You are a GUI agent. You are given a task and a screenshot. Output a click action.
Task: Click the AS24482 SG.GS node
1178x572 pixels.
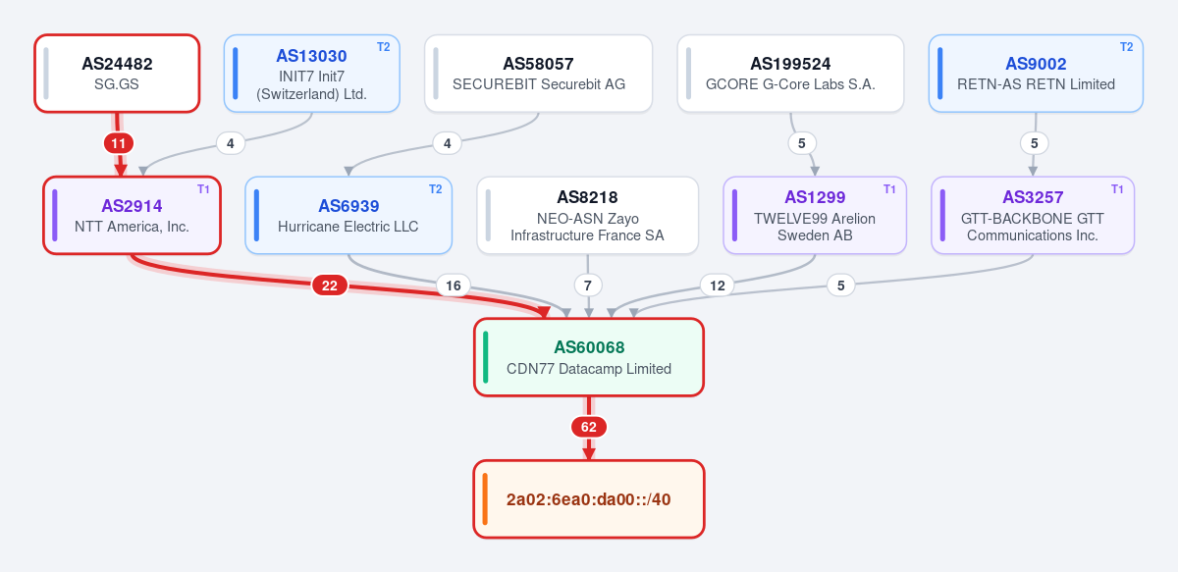click(x=117, y=74)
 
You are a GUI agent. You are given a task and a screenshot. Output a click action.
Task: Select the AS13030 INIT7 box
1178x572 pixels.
click(x=312, y=74)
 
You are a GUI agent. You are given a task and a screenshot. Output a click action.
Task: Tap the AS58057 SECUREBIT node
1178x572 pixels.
click(x=539, y=74)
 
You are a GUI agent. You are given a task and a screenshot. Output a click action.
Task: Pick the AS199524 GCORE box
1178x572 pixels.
click(x=790, y=74)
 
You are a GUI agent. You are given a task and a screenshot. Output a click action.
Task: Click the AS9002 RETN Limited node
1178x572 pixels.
click(x=1036, y=74)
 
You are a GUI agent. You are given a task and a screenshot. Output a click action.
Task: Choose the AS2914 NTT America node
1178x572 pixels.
click(x=132, y=216)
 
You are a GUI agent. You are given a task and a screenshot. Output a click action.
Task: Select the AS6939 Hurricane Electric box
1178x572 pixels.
click(x=348, y=216)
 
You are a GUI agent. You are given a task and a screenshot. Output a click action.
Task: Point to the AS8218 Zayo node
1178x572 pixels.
click(x=587, y=216)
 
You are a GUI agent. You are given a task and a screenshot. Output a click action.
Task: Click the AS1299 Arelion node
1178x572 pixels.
click(x=815, y=216)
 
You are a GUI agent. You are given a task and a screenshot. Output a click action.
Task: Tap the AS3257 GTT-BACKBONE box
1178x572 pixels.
click(x=1033, y=216)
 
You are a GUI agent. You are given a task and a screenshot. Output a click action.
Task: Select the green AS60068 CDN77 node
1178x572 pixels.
click(x=589, y=357)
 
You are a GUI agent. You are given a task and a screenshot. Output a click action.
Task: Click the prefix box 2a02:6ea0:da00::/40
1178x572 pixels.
click(x=589, y=499)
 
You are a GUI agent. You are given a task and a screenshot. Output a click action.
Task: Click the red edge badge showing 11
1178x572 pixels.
click(x=119, y=143)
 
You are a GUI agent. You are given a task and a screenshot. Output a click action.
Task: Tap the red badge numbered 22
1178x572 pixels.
click(x=330, y=286)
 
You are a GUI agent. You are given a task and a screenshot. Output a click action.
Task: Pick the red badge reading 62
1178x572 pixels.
click(x=589, y=427)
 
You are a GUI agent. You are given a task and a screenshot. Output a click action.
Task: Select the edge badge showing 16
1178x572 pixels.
click(x=454, y=286)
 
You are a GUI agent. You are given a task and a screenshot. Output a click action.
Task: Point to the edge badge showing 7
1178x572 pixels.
click(x=588, y=286)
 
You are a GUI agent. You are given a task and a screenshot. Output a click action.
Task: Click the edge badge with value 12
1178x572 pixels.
click(x=718, y=286)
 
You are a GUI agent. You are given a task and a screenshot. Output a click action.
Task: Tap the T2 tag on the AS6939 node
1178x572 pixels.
click(x=436, y=189)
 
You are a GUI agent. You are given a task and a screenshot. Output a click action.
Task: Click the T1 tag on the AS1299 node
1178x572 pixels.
click(x=889, y=189)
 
